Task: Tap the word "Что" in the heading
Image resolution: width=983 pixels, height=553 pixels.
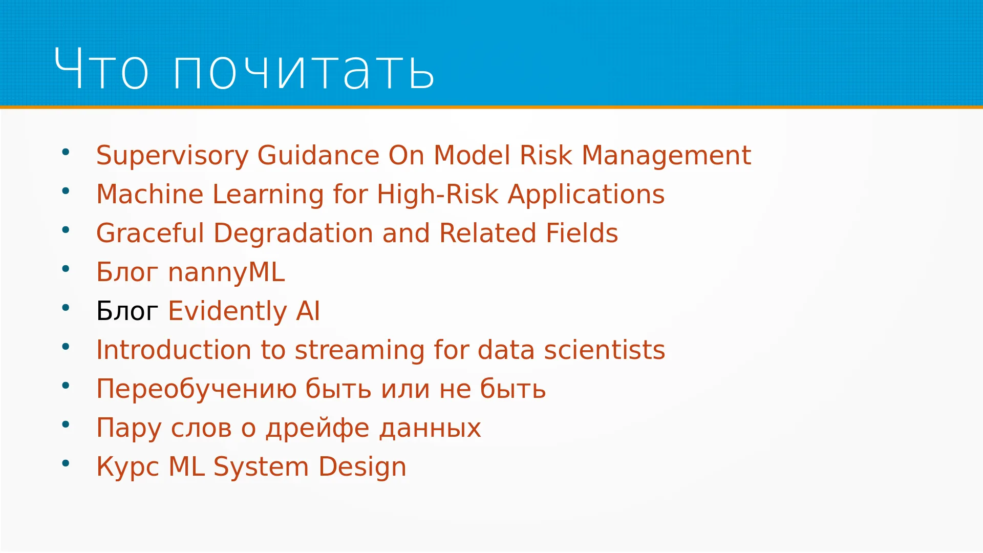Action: coord(101,68)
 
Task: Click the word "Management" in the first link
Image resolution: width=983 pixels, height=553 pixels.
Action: coord(666,156)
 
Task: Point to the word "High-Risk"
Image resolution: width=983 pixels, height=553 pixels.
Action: coord(438,194)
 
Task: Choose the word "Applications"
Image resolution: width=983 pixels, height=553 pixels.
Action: coord(586,195)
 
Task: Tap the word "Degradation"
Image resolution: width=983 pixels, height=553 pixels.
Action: coord(293,234)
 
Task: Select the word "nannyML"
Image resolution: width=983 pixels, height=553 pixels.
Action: coord(226,273)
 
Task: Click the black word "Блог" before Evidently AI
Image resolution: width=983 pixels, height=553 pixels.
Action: coord(127,311)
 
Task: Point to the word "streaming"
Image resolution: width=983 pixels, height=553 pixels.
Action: coord(360,351)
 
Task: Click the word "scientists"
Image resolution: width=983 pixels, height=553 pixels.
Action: coord(604,350)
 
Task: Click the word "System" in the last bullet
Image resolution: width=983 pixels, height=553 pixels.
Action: coord(261,467)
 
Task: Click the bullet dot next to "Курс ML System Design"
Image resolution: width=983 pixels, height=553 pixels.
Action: coord(66,463)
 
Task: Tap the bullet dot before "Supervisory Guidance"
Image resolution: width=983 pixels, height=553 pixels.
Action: coord(66,152)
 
